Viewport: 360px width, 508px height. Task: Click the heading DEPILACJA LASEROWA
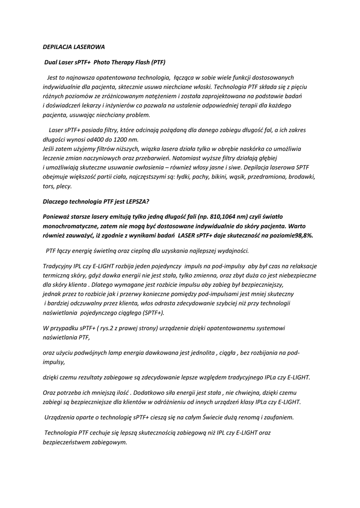[x=73, y=48]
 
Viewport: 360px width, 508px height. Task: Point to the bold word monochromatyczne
[x=69, y=226]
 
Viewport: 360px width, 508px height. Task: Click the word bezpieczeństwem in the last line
[x=68, y=442]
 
